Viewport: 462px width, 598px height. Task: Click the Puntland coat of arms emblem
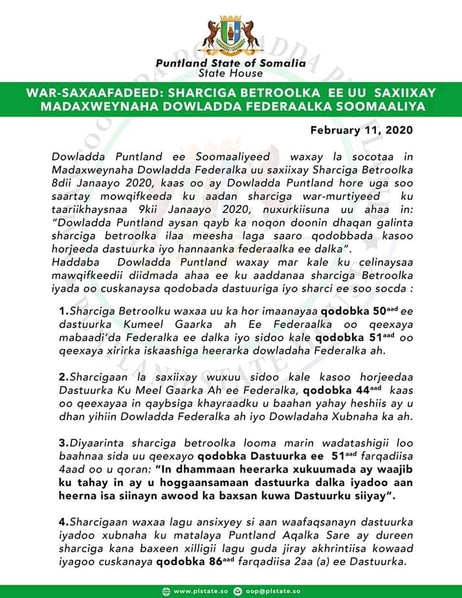pyautogui.click(x=231, y=30)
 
